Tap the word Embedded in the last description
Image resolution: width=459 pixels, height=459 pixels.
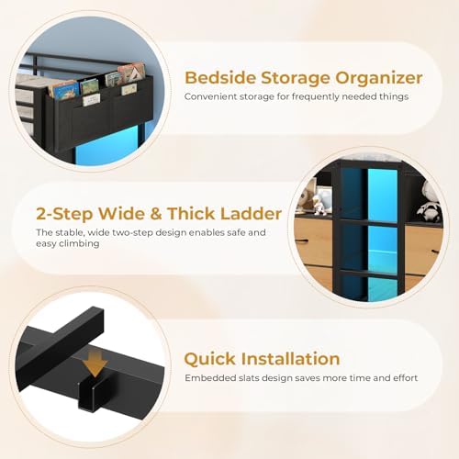point(212,378)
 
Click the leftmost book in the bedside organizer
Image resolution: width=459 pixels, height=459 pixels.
point(64,90)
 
